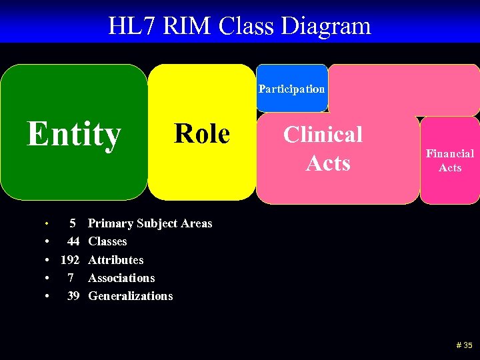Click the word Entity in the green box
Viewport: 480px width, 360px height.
[x=73, y=134]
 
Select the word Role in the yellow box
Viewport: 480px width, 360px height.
[x=201, y=133]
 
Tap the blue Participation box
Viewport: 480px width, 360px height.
[x=292, y=89]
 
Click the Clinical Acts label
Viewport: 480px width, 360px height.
[x=323, y=148]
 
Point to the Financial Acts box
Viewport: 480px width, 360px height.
[x=450, y=161]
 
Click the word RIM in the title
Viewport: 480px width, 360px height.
[x=189, y=26]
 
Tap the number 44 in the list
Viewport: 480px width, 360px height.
[x=73, y=241]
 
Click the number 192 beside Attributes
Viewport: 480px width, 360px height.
[x=70, y=260]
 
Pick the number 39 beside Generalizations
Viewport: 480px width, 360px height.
[x=73, y=296]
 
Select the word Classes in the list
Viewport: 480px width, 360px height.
[x=107, y=241]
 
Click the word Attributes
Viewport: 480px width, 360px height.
[x=115, y=260]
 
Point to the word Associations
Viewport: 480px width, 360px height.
[x=121, y=278]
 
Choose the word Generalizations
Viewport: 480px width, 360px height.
[x=130, y=296]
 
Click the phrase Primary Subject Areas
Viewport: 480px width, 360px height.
[x=150, y=223]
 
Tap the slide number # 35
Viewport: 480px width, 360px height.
[x=464, y=345]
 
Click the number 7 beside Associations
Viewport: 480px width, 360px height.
[x=71, y=278]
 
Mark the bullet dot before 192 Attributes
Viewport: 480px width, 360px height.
[x=46, y=260]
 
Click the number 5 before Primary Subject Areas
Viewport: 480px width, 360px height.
[x=73, y=223]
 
